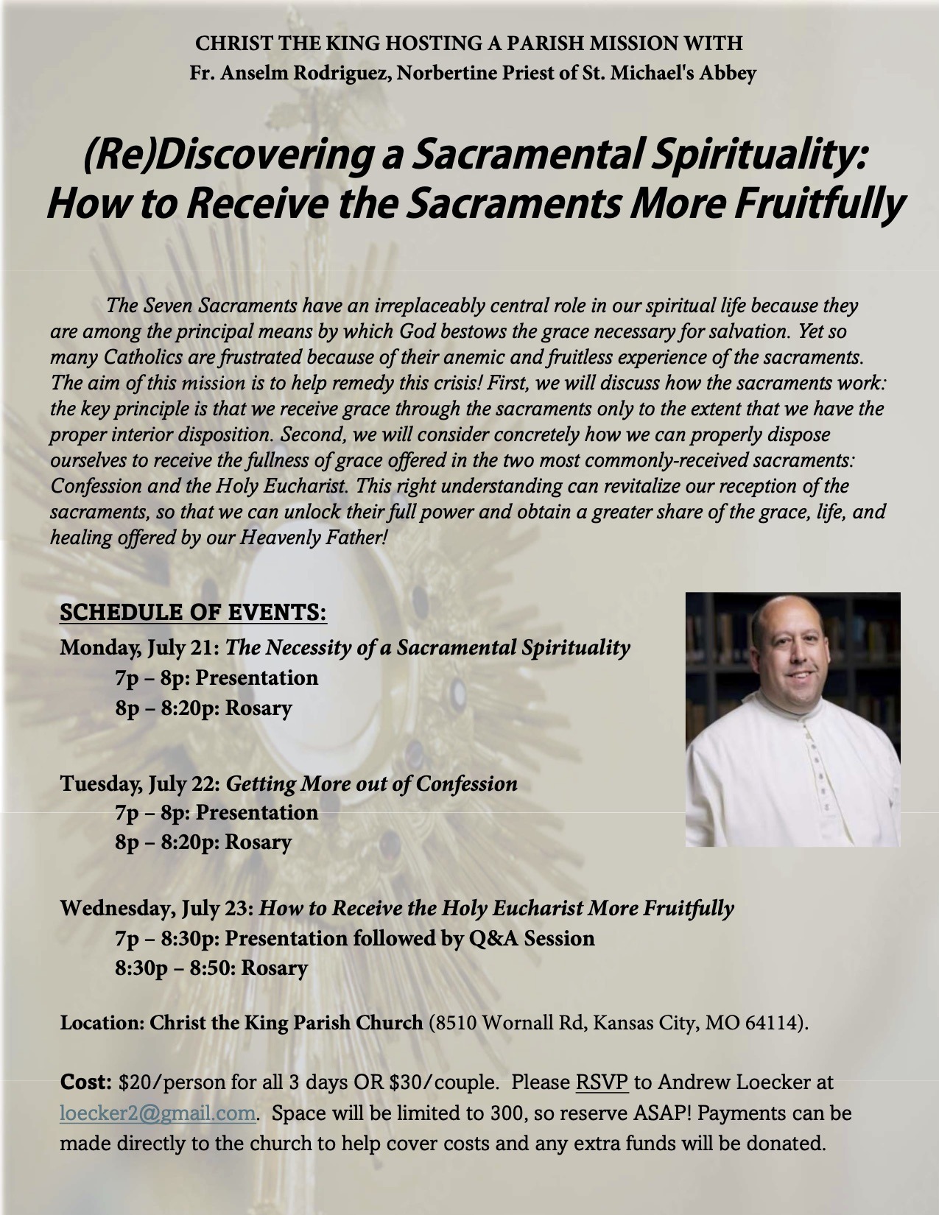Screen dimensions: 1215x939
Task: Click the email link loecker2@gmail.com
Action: [x=158, y=1113]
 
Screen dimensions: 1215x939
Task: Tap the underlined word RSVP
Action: [x=602, y=1083]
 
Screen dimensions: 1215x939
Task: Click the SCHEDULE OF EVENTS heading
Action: [x=193, y=614]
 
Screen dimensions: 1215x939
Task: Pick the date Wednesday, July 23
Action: [x=158, y=909]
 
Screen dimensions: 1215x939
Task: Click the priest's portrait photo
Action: [x=792, y=719]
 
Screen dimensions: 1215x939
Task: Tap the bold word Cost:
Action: [x=85, y=1083]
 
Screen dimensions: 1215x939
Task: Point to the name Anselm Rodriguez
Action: [x=309, y=74]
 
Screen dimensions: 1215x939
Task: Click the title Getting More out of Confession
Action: [x=371, y=783]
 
